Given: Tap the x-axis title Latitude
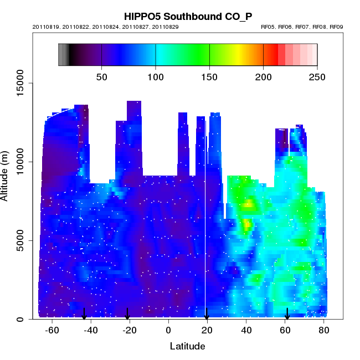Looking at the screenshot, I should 187,346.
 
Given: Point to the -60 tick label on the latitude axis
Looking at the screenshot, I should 52,330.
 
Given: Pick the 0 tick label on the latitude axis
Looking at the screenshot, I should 168,330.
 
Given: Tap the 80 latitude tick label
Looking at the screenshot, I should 324,330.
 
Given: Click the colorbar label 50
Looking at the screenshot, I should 102,76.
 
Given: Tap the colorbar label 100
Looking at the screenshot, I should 156,76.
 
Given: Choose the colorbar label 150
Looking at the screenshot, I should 209,76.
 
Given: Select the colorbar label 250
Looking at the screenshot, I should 317,76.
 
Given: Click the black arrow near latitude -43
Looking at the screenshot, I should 84,314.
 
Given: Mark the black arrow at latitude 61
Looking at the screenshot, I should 287,314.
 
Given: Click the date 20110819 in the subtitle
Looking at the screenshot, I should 45,27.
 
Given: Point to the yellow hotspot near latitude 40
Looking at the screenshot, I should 246,225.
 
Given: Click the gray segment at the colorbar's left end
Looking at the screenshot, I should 63,54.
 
